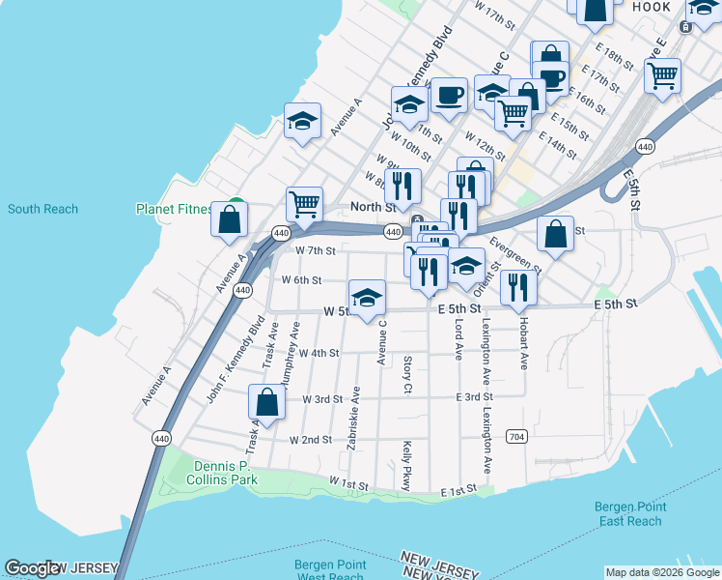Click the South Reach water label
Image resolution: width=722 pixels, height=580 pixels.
(x=43, y=209)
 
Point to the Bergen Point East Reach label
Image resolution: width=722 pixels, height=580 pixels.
(x=629, y=513)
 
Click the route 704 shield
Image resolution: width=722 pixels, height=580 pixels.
(x=517, y=436)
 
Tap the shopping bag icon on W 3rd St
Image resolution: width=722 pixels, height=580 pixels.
(x=267, y=401)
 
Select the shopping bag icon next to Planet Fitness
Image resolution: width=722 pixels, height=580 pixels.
(x=232, y=218)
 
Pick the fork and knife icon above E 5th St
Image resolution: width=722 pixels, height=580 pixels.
(x=518, y=285)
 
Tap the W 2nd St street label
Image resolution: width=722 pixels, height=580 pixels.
(x=312, y=439)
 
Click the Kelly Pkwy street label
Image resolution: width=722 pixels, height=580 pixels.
(x=406, y=465)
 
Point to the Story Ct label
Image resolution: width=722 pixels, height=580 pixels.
(x=407, y=374)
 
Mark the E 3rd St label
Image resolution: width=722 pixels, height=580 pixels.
(x=475, y=397)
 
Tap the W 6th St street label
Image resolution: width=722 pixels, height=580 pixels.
(x=300, y=280)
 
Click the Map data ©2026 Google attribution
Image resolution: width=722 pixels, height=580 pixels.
(x=662, y=572)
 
